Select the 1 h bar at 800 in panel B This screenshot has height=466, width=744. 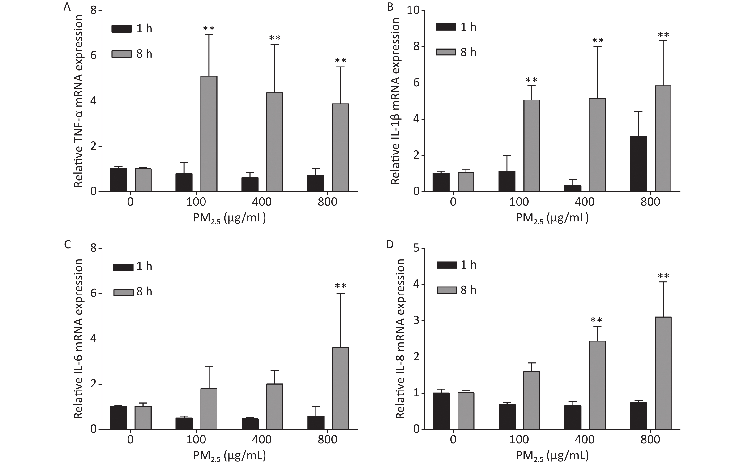638,164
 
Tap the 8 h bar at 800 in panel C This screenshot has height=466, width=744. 340,389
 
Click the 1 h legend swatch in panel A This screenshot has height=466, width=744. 122,29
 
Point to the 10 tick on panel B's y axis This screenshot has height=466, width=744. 413,11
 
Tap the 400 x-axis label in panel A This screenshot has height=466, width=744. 262,202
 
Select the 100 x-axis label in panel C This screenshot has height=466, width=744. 196,440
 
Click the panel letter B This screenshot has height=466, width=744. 390,7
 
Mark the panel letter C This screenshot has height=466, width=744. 67,244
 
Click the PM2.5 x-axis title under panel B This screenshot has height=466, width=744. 552,218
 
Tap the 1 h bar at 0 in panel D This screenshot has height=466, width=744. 441,411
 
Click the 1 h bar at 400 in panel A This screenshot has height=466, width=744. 250,184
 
